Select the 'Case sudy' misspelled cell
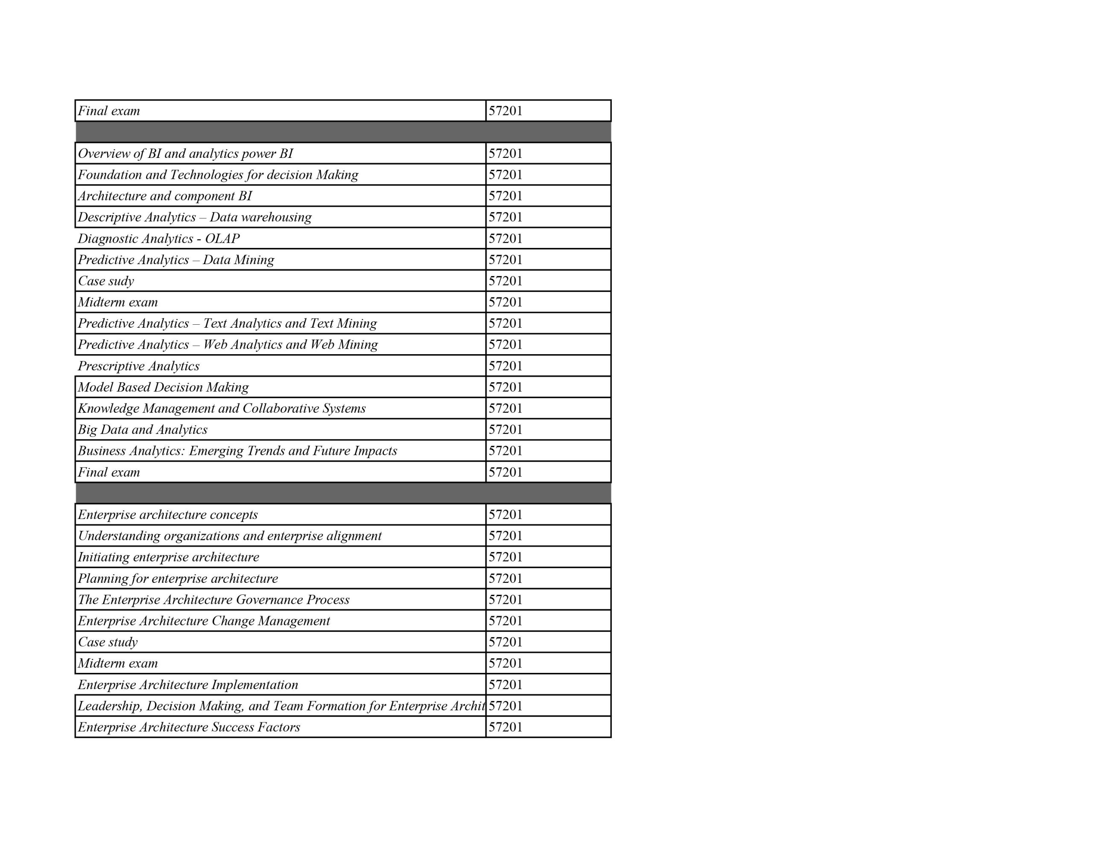pos(106,281)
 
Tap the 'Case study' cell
pos(108,642)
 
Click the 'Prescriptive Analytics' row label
pos(139,366)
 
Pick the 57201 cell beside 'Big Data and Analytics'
pos(506,430)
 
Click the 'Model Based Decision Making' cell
pos(163,387)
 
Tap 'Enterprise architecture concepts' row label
pos(168,515)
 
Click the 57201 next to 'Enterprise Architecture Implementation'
pos(506,685)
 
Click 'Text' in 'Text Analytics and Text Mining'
pos(215,324)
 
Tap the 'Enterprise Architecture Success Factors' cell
pos(189,728)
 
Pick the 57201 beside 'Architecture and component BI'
pos(506,196)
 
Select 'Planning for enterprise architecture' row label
pos(178,579)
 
